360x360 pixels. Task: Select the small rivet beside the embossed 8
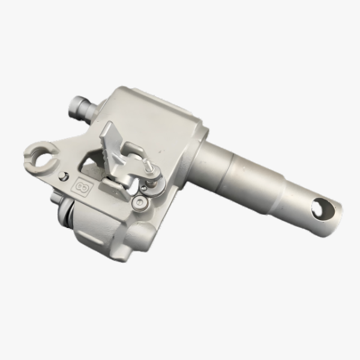click(64, 176)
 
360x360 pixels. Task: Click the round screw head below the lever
click(139, 203)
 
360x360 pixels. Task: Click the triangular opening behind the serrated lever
click(90, 165)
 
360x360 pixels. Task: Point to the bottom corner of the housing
click(123, 258)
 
